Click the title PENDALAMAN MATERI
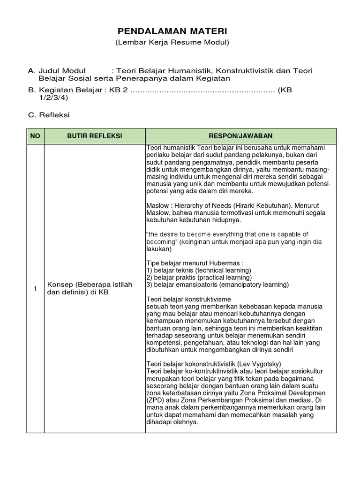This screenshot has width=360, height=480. (x=172, y=31)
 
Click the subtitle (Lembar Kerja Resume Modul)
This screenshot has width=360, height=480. (x=172, y=43)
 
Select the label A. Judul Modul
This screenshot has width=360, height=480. (x=57, y=71)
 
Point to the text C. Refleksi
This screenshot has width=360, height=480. (x=48, y=114)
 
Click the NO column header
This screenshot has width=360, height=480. (x=35, y=136)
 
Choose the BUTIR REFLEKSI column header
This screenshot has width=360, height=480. (x=94, y=136)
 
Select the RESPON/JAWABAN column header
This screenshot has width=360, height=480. (x=241, y=136)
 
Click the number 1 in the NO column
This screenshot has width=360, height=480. (x=35, y=288)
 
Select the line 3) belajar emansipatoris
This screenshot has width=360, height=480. (x=217, y=285)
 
